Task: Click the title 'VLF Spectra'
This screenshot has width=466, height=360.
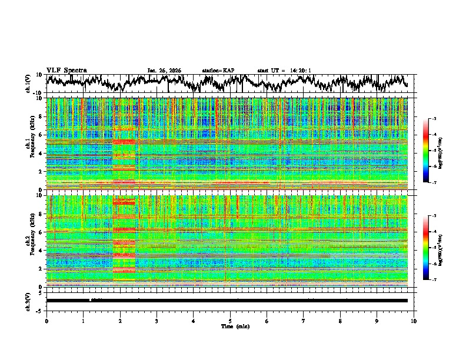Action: [x=66, y=70]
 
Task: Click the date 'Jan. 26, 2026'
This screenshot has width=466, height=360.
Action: [x=164, y=71]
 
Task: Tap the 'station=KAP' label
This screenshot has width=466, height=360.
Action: [x=218, y=71]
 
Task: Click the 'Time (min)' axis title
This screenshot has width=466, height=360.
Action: [x=230, y=326]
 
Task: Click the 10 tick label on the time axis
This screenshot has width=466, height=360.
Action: [x=414, y=321]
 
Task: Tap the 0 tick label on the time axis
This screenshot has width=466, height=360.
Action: [x=46, y=321]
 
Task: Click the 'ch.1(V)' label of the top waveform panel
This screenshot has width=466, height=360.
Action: [x=28, y=84]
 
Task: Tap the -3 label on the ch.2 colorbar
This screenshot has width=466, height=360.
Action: [x=434, y=216]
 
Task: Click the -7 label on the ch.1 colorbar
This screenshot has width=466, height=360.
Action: [x=434, y=183]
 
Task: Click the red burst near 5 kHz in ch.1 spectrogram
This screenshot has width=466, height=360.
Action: [x=124, y=142]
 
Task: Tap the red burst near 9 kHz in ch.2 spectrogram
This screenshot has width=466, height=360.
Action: [x=124, y=202]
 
